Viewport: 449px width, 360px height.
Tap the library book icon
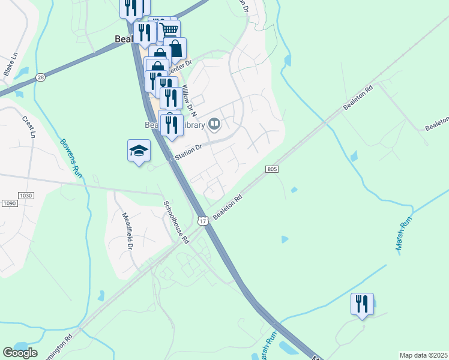[215, 125]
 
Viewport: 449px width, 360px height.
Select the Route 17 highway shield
[203, 221]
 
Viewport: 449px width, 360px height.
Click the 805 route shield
[271, 170]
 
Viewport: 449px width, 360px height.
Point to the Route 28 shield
[40, 77]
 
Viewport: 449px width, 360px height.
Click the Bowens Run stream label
[71, 157]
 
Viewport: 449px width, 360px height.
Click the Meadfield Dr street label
[127, 232]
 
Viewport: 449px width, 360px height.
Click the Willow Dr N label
[189, 98]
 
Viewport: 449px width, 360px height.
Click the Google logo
[20, 353]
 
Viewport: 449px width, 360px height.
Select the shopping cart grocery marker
[170, 30]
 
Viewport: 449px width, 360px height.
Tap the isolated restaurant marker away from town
[362, 304]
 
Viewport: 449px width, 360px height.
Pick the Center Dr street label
[181, 66]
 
